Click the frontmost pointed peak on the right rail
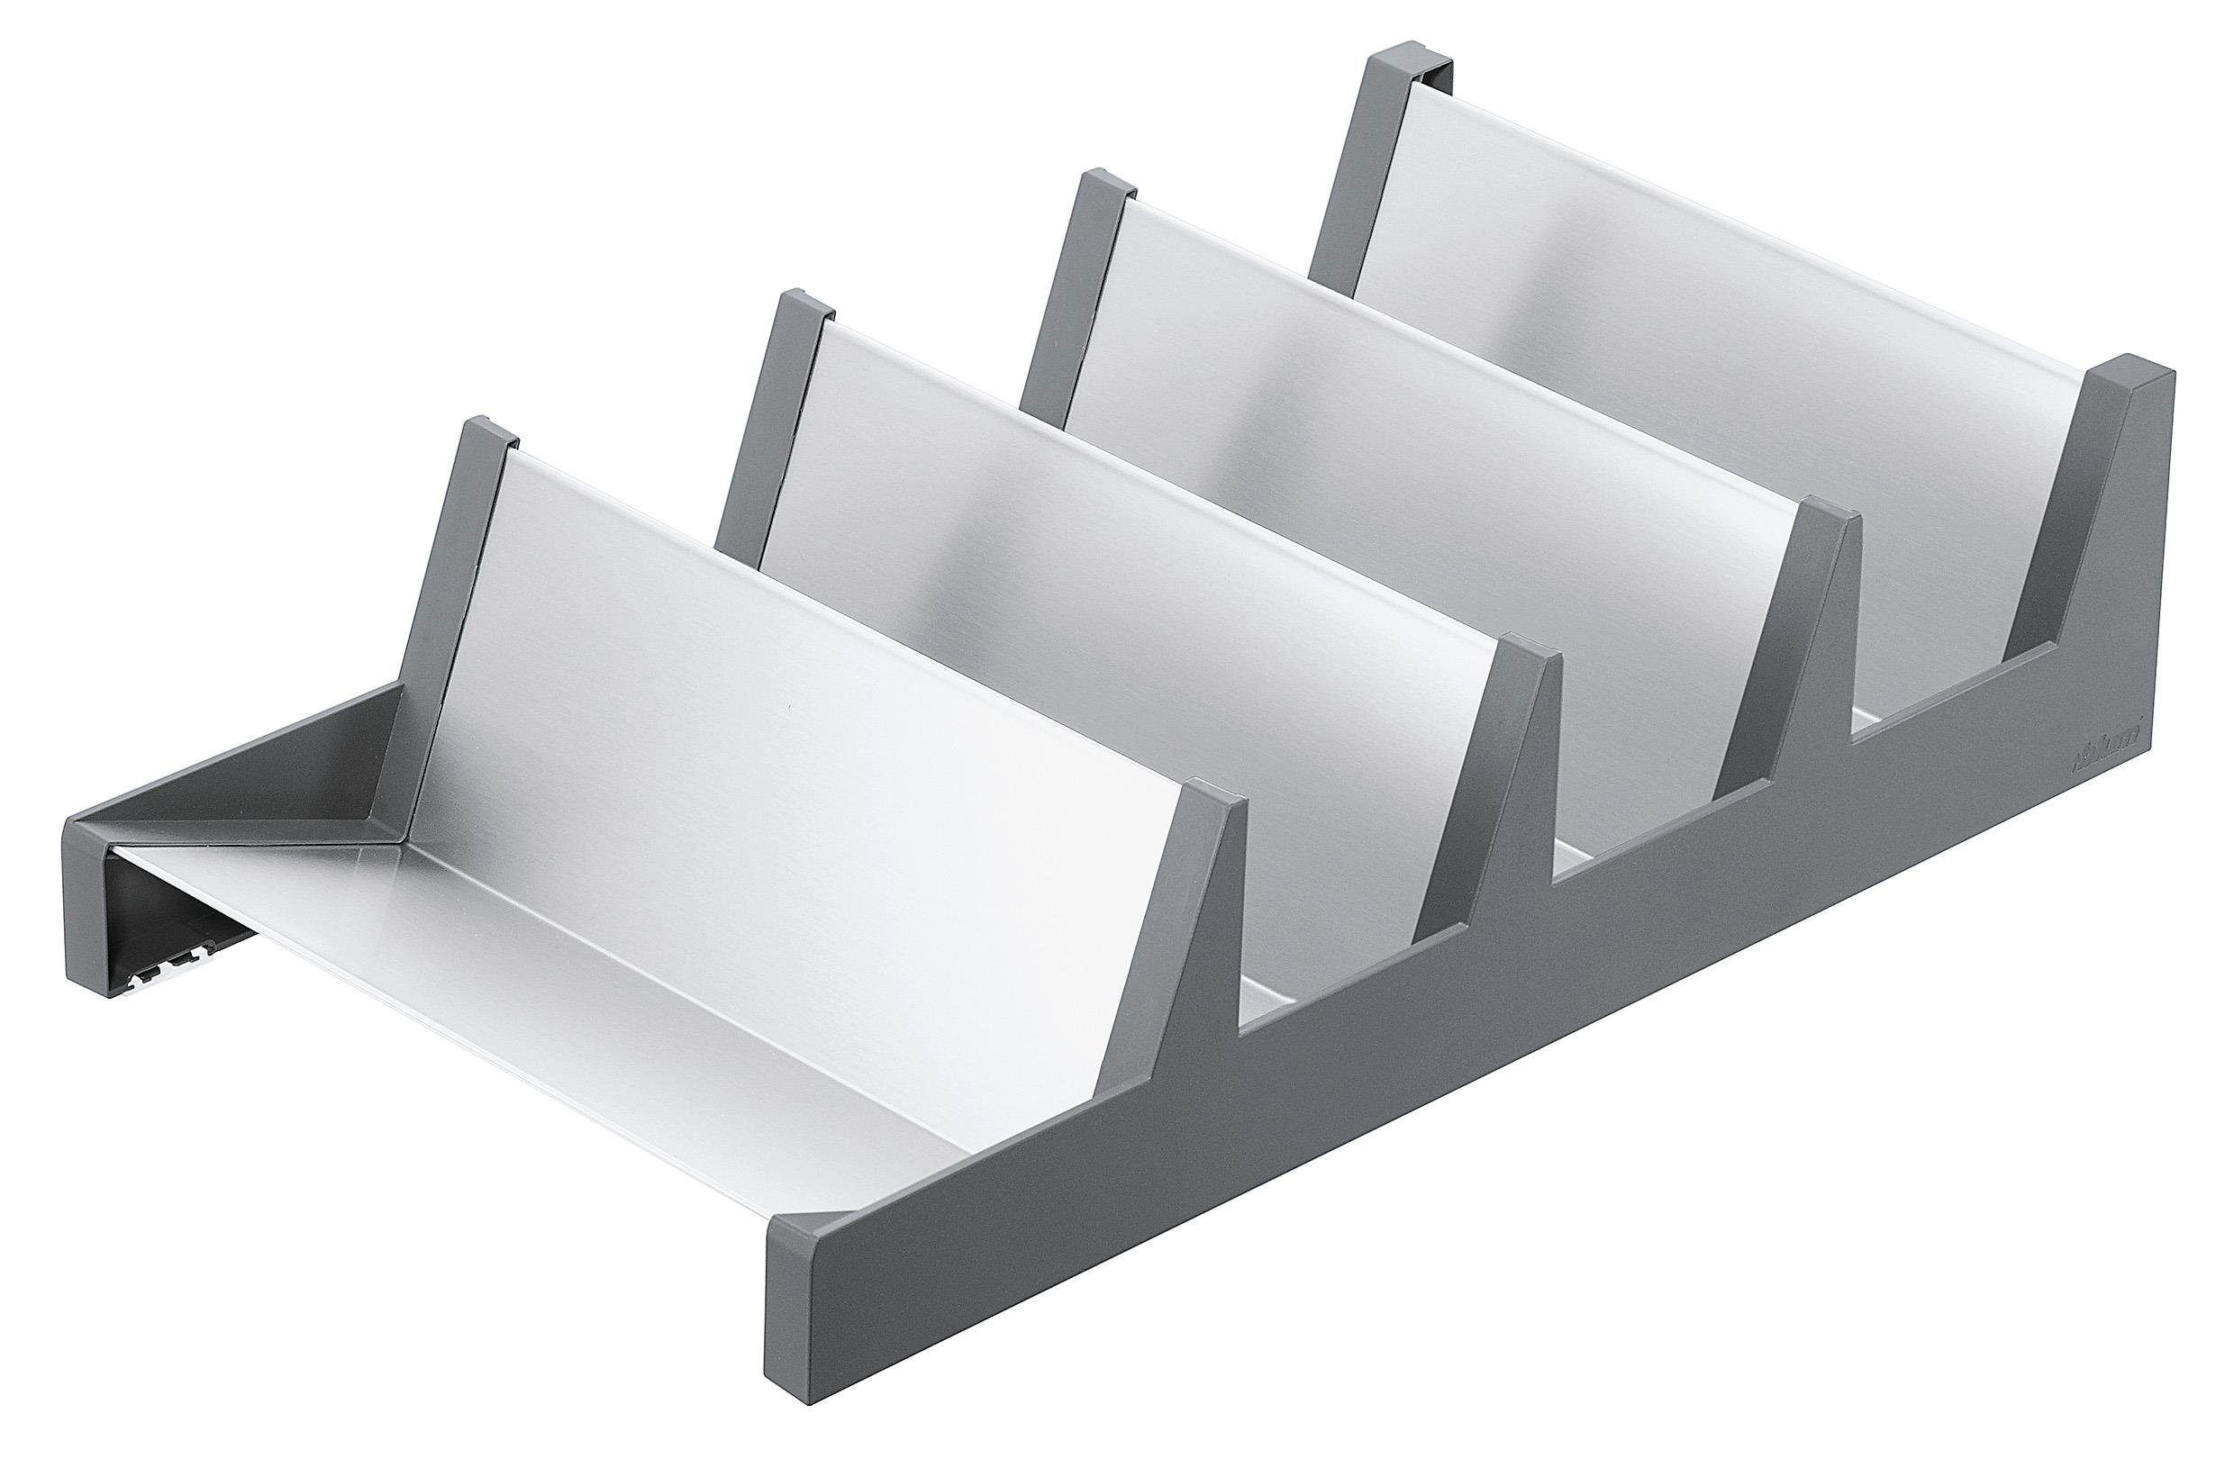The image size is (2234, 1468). pyautogui.click(x=1211, y=807)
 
